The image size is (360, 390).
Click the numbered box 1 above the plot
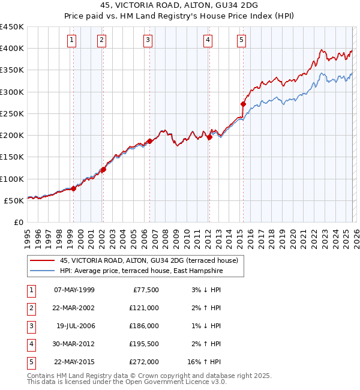(72, 40)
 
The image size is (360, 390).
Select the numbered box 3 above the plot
(148, 40)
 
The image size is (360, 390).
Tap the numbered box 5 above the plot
(241, 40)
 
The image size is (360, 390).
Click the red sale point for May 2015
(243, 104)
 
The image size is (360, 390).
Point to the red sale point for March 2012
(210, 137)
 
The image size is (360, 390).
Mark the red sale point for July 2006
(149, 141)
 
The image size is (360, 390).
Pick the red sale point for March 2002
(103, 169)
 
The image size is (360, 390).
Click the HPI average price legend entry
(141, 271)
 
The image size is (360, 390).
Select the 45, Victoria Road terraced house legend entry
(149, 260)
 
